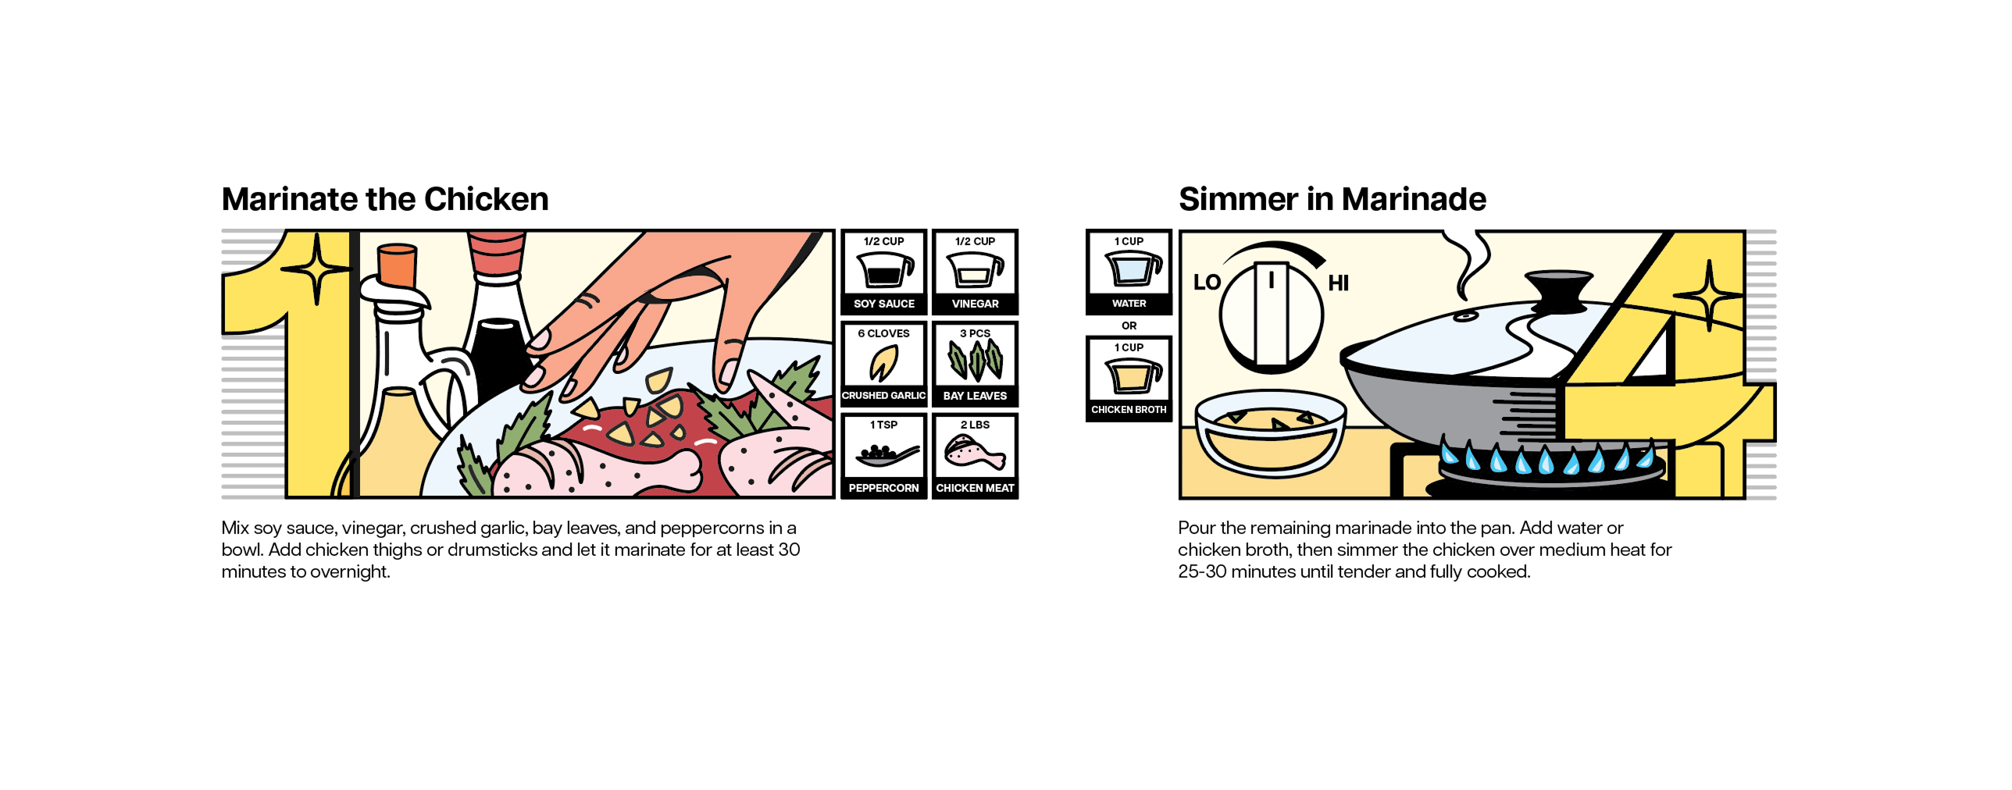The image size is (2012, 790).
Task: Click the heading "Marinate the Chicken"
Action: pyautogui.click(x=385, y=199)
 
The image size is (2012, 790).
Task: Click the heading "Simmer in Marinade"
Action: pyautogui.click(x=1332, y=199)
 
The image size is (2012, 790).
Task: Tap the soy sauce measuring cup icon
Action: pyautogui.click(x=885, y=270)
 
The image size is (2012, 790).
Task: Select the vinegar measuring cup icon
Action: pyautogui.click(x=976, y=270)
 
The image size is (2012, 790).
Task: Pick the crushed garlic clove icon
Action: pyautogui.click(x=884, y=362)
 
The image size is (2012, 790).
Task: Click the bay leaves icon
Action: pyautogui.click(x=976, y=361)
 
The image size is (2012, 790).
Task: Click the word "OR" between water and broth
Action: pyautogui.click(x=1129, y=326)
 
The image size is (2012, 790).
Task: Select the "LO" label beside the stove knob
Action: pyautogui.click(x=1207, y=283)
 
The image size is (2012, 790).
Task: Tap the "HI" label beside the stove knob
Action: pyautogui.click(x=1339, y=283)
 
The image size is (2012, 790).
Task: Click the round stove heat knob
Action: pyautogui.click(x=1272, y=315)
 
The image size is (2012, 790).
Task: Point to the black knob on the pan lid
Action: pyautogui.click(x=1558, y=290)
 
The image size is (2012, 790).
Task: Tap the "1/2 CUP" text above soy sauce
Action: pyautogui.click(x=884, y=241)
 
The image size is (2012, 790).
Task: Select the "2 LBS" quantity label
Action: pyautogui.click(x=976, y=425)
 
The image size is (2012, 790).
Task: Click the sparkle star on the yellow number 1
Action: pyautogui.click(x=316, y=269)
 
